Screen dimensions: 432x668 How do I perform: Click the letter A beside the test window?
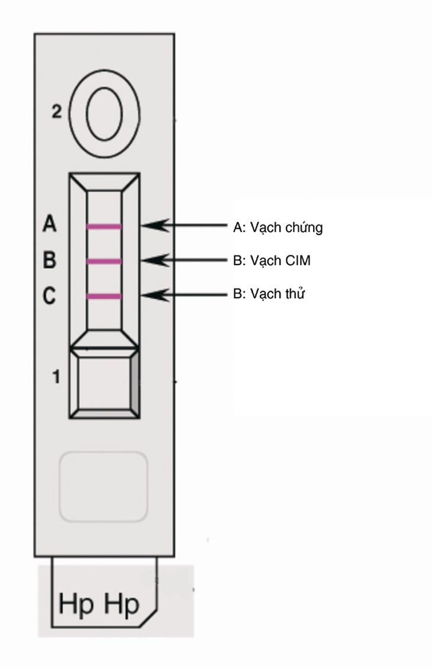pos(49,223)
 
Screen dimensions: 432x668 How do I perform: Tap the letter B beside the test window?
pos(49,259)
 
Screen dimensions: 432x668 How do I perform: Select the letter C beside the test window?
pos(49,296)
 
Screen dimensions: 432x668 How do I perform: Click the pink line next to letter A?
pos(104,227)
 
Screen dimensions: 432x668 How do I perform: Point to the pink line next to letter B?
pos(104,262)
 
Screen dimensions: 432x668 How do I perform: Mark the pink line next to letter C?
pos(104,297)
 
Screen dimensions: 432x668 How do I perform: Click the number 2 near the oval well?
pos(57,111)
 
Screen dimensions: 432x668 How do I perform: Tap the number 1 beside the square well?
pos(56,377)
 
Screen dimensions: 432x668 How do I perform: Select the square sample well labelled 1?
pos(104,383)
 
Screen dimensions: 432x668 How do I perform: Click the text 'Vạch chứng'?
pos(286,227)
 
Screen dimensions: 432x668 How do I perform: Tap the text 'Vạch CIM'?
pos(281,261)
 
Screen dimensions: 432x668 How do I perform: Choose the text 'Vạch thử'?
pos(278,294)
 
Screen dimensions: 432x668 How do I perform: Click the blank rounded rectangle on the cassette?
pos(104,487)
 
